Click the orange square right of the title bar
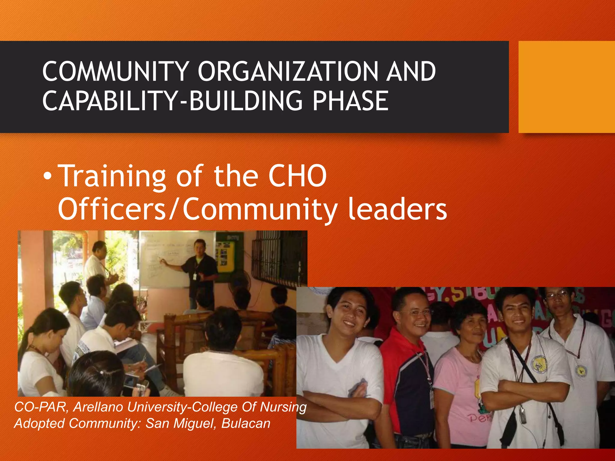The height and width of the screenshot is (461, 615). (566, 87)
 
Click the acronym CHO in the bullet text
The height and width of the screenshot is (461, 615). (297, 176)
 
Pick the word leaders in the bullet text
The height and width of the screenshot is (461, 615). (397, 209)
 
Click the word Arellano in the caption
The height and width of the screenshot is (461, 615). (98, 407)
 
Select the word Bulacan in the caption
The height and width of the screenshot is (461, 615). (246, 423)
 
